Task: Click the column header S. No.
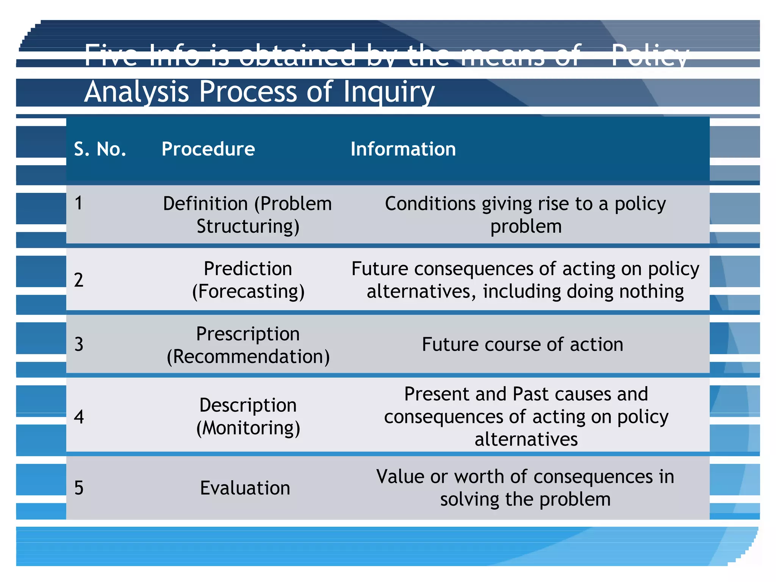pos(100,149)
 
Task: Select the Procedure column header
pos(208,149)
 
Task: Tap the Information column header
pos(403,149)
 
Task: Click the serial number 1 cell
pos(78,203)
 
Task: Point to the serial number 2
pos(78,280)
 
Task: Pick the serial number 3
pos(78,344)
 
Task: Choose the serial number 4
pos(78,417)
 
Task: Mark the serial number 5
pos(78,488)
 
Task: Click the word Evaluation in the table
pos(245,488)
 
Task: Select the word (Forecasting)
pos(248,292)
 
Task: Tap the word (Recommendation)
pos(248,357)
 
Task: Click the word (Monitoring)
pos(248,428)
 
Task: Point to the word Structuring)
pos(248,227)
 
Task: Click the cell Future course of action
pos(523,345)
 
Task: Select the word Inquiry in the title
pos(389,92)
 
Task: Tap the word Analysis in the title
pos(136,92)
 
